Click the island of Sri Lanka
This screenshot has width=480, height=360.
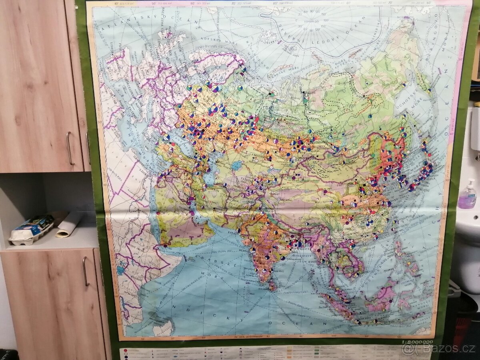pos(272,284)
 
